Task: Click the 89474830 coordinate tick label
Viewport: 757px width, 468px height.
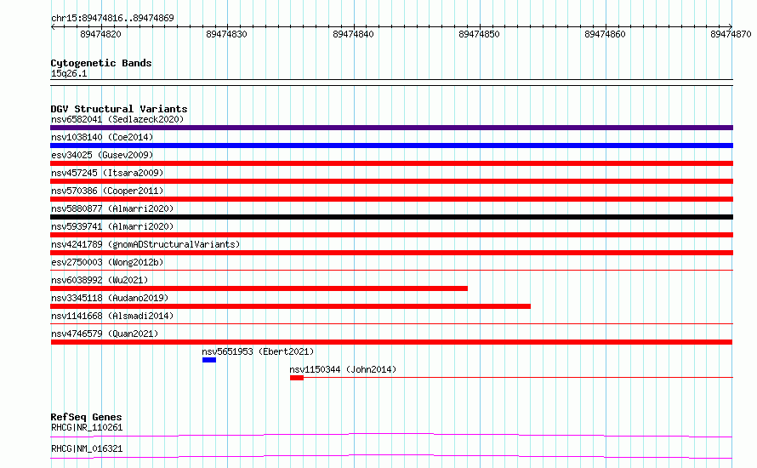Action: (226, 34)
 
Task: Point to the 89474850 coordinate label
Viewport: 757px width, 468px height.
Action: (479, 34)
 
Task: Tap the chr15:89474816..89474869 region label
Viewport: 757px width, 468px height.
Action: (112, 18)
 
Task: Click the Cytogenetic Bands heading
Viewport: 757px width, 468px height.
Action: (101, 63)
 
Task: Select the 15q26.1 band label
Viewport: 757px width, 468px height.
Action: (69, 73)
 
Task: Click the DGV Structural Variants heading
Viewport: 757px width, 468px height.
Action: (119, 109)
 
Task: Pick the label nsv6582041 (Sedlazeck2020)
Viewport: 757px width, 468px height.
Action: (117, 119)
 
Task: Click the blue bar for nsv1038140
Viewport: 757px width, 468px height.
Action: (391, 146)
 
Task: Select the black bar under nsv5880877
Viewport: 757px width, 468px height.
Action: (391, 217)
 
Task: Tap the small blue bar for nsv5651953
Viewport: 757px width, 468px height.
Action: (209, 360)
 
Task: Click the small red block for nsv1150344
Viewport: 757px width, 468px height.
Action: (297, 378)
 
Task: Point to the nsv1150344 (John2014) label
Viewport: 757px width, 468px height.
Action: (343, 369)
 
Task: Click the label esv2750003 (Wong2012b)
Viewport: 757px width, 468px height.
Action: (107, 262)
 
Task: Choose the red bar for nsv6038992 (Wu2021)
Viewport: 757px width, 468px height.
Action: (259, 288)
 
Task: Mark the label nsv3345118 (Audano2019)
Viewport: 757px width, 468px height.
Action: (110, 298)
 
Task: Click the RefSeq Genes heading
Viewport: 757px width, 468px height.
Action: (86, 417)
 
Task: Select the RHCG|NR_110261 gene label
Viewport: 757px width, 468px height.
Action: (87, 427)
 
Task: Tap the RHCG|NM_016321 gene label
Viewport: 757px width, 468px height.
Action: (87, 448)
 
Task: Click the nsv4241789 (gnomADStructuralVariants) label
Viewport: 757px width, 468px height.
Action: (145, 244)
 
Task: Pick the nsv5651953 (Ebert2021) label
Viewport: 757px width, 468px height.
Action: (258, 351)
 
